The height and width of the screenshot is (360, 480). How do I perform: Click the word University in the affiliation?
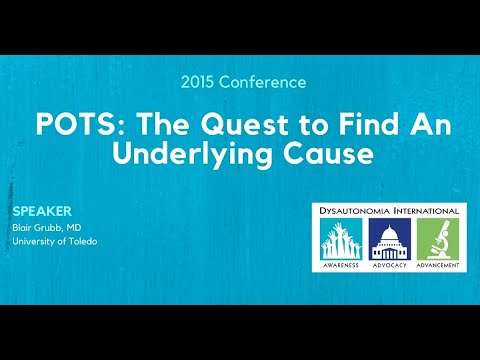click(32, 241)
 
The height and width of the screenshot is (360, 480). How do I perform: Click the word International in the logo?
click(424, 211)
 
